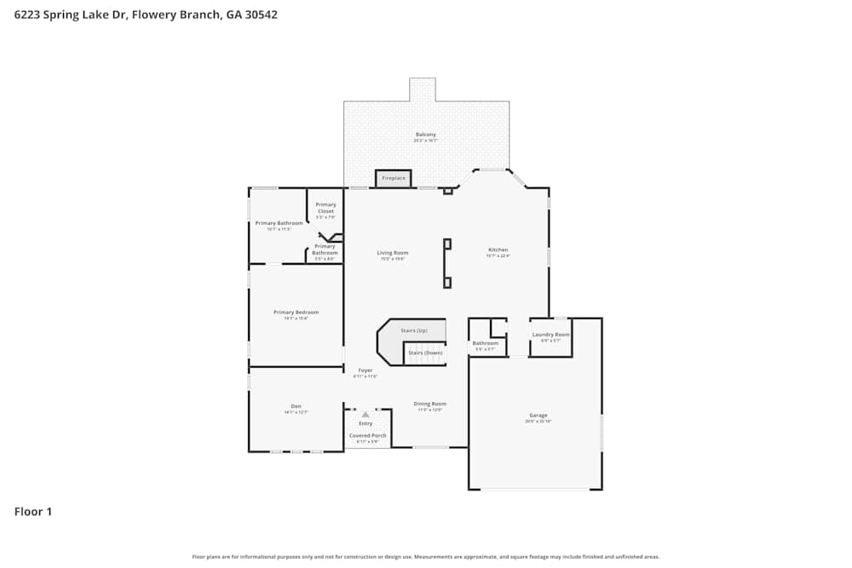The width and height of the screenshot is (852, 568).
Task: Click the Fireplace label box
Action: [x=394, y=179]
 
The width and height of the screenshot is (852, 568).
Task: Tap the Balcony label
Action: [x=426, y=135]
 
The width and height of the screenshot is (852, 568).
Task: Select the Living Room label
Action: [x=393, y=253]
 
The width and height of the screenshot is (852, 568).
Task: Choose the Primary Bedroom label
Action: [x=296, y=313]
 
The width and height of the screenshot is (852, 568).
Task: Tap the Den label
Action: [x=296, y=406]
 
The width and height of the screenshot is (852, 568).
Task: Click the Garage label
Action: [x=538, y=416]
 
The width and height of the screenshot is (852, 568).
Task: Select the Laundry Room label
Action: [x=550, y=335]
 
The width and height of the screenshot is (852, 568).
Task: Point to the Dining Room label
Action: [x=429, y=404]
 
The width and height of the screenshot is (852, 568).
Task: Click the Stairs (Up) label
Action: [x=414, y=330]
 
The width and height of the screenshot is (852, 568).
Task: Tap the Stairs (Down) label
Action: [x=425, y=353]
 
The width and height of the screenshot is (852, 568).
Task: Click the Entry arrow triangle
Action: [x=366, y=415]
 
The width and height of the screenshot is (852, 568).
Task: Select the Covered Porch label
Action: [x=367, y=436]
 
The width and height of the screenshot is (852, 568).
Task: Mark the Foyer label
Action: [x=365, y=370]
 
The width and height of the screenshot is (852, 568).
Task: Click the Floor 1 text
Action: [x=33, y=512]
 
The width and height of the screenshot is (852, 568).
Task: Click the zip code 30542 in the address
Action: [x=260, y=14]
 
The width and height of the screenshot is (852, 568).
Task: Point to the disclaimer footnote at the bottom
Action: [x=426, y=557]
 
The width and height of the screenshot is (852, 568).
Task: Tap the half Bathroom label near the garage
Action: [x=485, y=344]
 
